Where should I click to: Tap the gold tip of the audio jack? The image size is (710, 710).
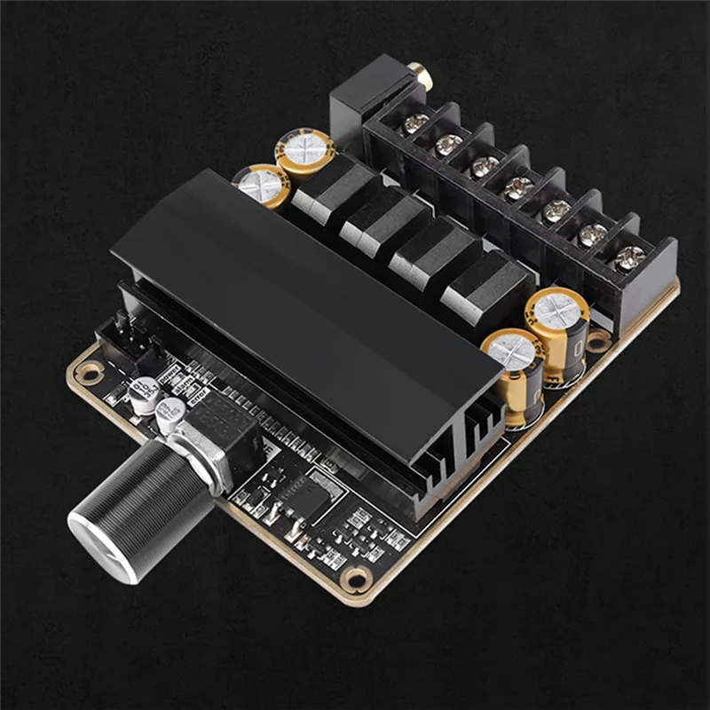click(x=424, y=81)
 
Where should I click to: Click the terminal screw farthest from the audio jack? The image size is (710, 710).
click(x=629, y=257)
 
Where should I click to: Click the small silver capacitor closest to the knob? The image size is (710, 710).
click(x=169, y=414)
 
